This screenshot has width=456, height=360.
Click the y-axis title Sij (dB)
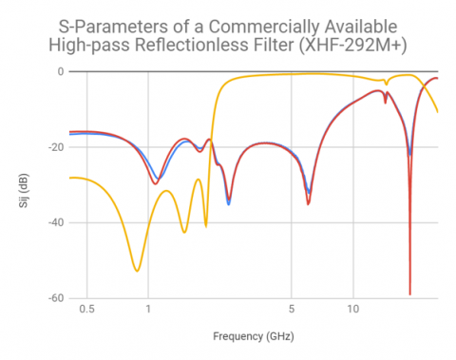coord(30,184)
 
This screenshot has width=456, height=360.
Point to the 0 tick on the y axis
coord(61,71)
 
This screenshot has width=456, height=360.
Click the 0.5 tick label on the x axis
coord(87,311)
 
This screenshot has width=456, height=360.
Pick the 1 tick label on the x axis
coord(148,311)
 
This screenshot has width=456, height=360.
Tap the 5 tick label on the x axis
coord(291,311)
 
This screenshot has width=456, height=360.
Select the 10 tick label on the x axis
coord(352,311)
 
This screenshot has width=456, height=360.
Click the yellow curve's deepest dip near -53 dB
coord(137,271)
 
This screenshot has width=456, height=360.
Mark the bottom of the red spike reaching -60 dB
coord(410,294)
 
